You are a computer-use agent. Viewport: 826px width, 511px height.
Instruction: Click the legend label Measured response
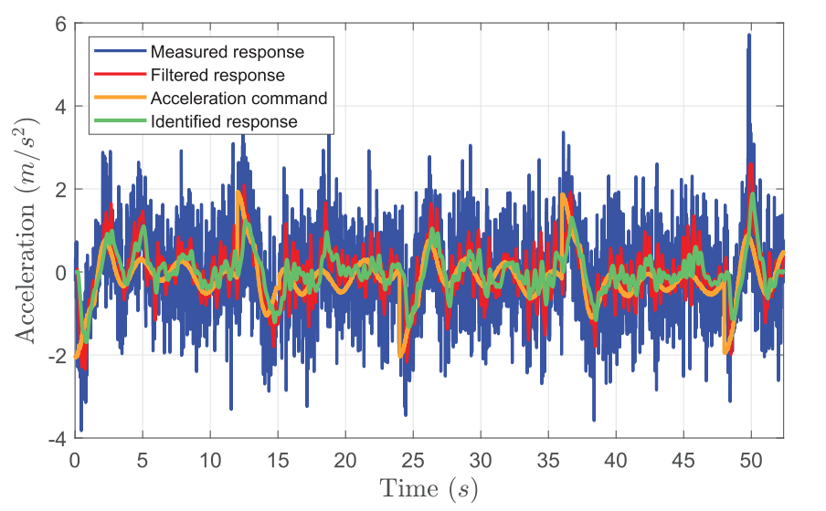coord(228,51)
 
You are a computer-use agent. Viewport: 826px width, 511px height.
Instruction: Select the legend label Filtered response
coord(218,75)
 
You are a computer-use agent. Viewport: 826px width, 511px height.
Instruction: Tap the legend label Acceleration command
coord(239,98)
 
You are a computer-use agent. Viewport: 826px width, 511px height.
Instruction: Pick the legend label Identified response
coord(224,120)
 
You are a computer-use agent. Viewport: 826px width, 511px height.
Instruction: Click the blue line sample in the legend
coord(120,51)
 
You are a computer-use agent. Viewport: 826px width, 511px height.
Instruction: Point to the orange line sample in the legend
coord(120,98)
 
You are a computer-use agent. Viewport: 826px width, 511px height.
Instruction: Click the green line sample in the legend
coord(120,120)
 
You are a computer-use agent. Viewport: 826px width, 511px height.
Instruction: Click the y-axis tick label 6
coord(59,24)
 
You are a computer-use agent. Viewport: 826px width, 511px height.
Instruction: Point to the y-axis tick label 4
coord(59,107)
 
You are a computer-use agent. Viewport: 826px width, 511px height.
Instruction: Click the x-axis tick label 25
coord(413,457)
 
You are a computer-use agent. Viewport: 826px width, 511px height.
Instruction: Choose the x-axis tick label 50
coord(751,457)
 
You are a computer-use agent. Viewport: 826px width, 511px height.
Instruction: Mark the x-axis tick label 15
coord(278,457)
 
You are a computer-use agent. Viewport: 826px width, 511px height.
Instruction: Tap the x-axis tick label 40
coord(616,457)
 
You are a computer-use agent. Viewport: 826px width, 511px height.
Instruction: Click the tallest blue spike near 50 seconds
coord(749,36)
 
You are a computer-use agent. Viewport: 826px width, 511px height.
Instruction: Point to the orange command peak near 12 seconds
coord(238,193)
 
